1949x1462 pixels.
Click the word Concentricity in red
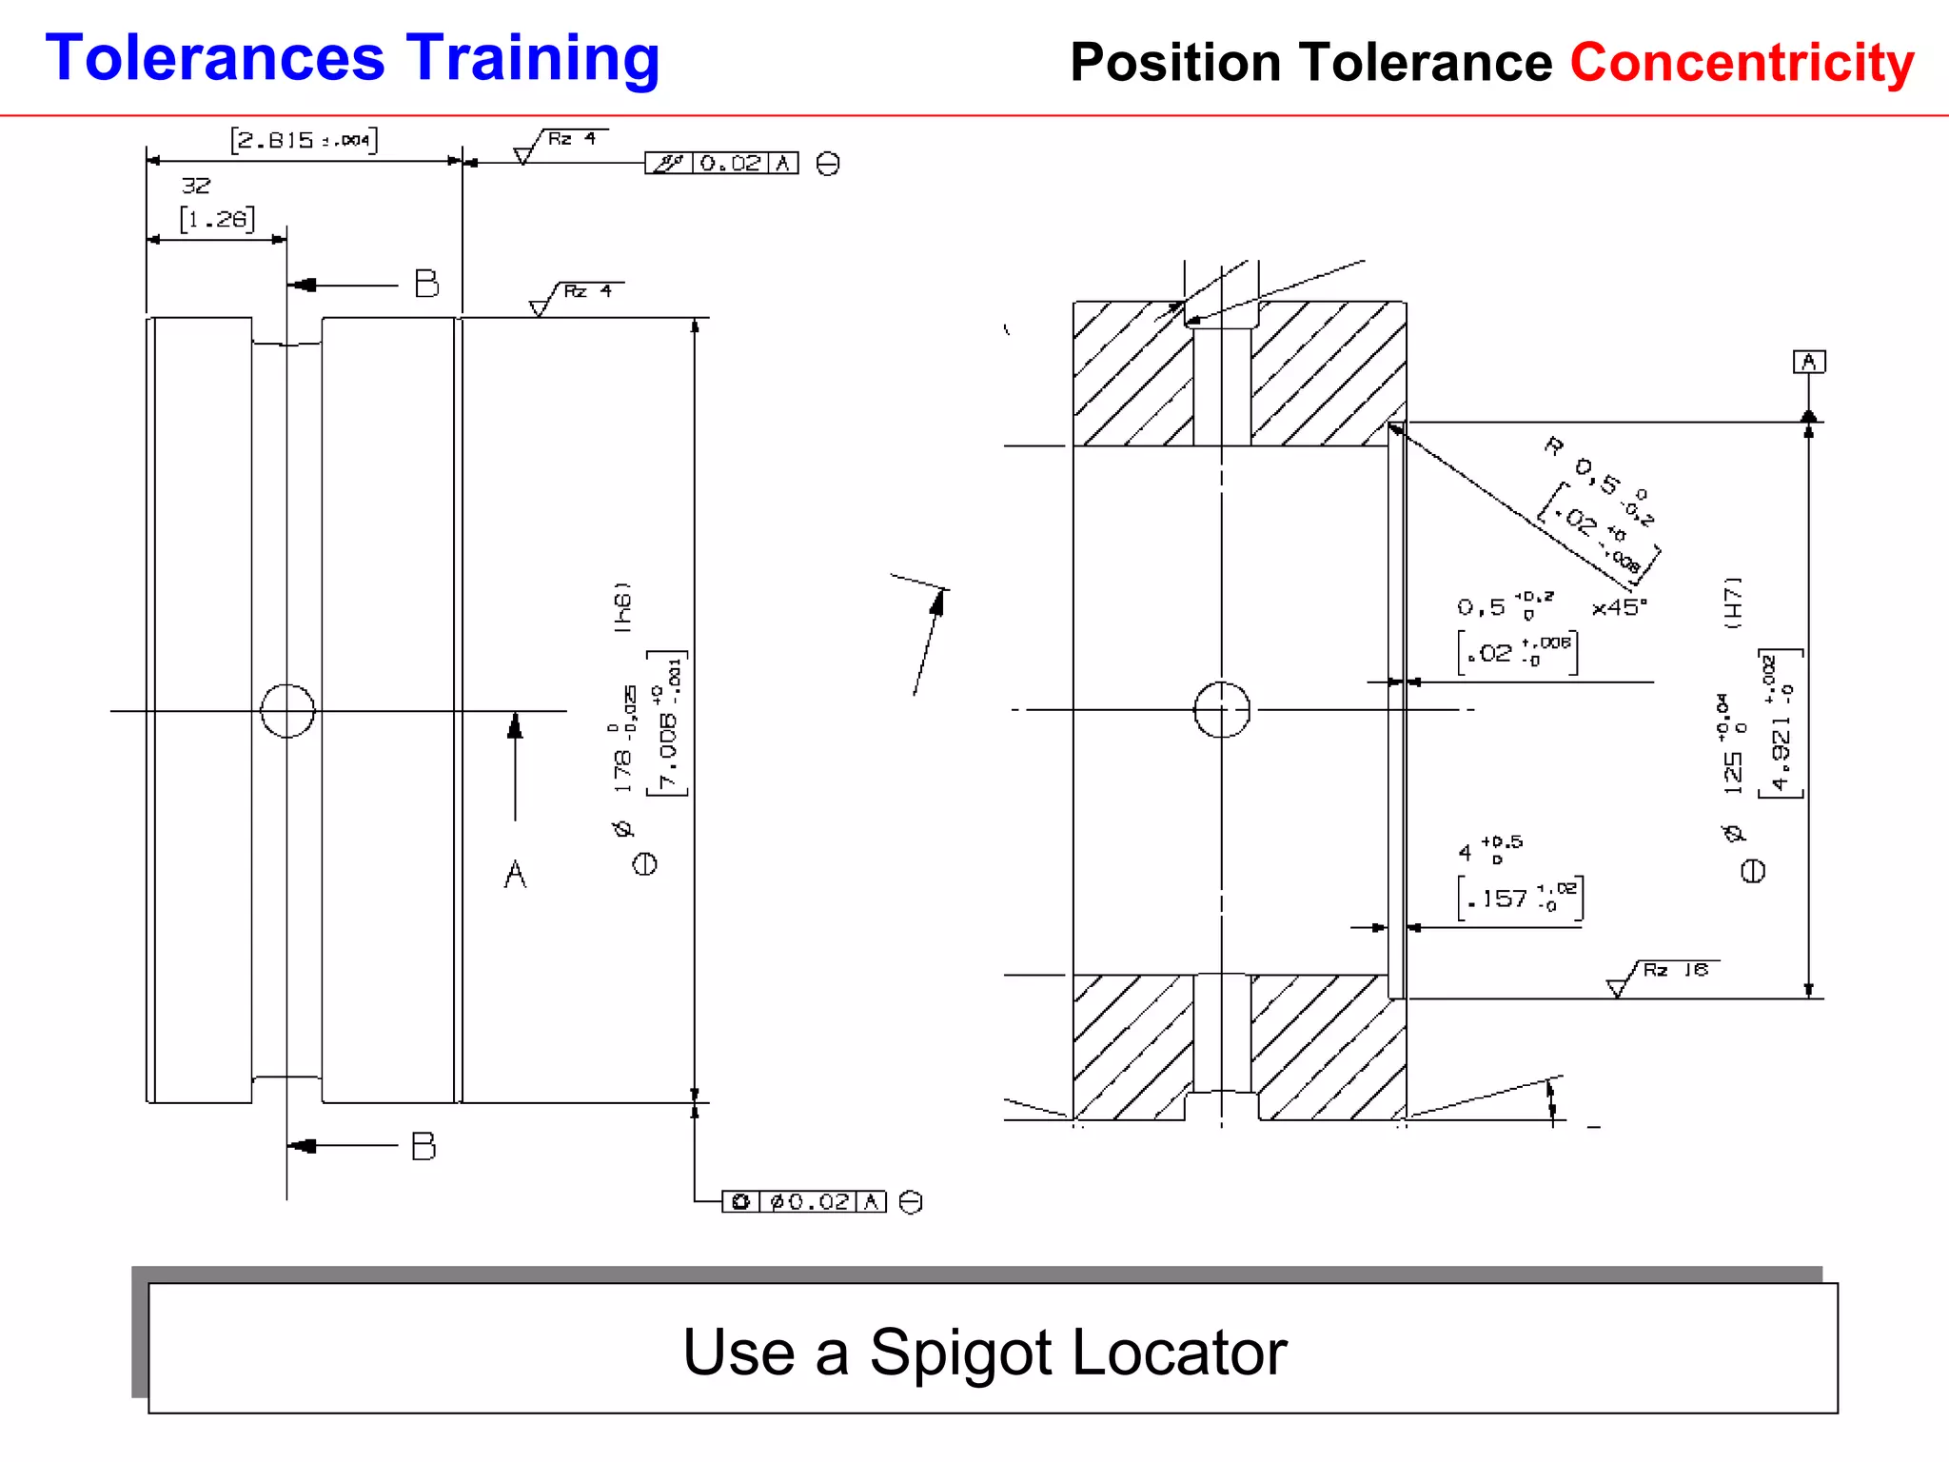(1742, 63)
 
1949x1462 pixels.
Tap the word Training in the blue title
(533, 59)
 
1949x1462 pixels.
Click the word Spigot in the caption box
(961, 1352)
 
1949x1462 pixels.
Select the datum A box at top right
(1809, 362)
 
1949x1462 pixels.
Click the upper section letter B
(426, 284)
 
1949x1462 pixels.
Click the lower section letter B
(423, 1146)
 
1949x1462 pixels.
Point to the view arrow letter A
(515, 874)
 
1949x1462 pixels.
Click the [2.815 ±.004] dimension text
(304, 140)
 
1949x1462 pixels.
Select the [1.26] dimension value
(217, 219)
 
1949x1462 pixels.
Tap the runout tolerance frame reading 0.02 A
(721, 164)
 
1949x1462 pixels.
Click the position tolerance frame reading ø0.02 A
(804, 1202)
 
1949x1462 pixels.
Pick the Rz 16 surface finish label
(1675, 970)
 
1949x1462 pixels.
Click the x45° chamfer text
(1619, 607)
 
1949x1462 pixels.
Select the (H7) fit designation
(1734, 603)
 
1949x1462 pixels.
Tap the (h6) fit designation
(622, 607)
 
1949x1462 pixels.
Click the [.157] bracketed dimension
(1520, 899)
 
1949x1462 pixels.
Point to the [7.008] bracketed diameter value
(668, 723)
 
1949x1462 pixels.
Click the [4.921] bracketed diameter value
(1781, 724)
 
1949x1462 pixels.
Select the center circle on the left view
(287, 711)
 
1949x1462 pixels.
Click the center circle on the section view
(1222, 710)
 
